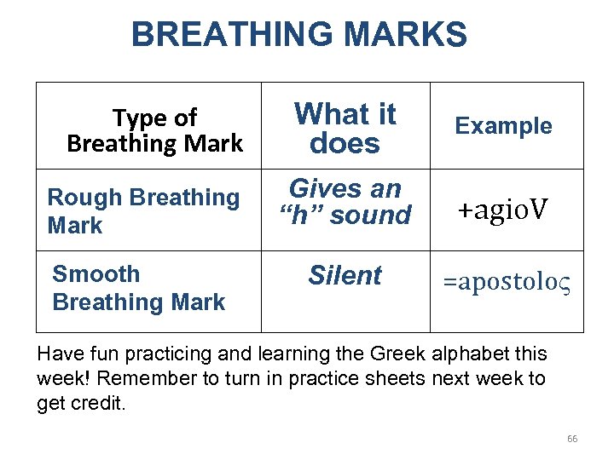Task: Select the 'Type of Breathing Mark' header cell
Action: (x=154, y=130)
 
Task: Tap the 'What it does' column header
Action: (x=345, y=128)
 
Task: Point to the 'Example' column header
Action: (x=503, y=126)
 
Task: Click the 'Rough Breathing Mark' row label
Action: (x=143, y=211)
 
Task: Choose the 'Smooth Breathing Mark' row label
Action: (x=138, y=288)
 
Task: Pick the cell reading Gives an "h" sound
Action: (x=345, y=202)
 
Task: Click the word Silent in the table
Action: (x=345, y=276)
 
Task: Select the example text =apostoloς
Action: (x=507, y=284)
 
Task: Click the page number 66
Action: (x=572, y=439)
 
